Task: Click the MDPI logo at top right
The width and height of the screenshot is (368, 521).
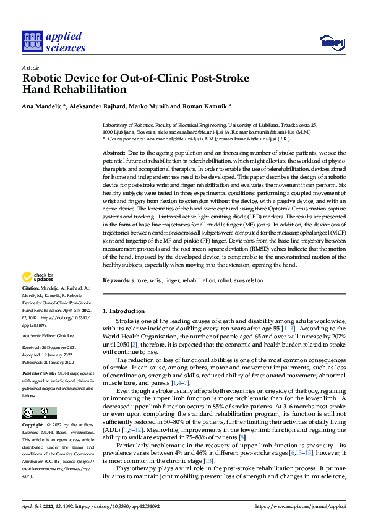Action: tap(330, 42)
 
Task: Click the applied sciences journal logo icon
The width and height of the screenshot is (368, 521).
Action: tap(32, 42)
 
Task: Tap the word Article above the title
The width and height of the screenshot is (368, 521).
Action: tap(30, 67)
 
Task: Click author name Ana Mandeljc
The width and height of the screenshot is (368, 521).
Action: tap(43, 106)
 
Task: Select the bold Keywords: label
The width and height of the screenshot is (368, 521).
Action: tap(118, 280)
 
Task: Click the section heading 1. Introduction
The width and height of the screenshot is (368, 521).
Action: tap(123, 311)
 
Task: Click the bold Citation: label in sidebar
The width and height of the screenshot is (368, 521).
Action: tap(30, 288)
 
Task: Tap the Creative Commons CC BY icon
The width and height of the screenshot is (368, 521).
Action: tap(39, 412)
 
